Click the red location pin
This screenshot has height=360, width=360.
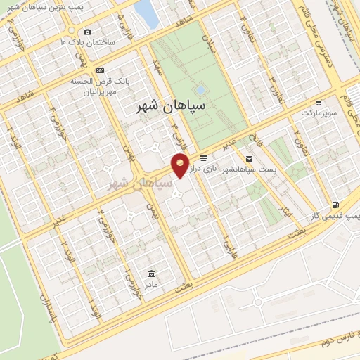pos(181,165)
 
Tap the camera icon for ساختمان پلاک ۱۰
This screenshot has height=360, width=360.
pos(87,32)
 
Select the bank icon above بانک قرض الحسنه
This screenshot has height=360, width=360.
pos(100,70)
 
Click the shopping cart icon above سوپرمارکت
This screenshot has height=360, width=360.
pos(319,101)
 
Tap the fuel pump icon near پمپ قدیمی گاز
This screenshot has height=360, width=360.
pos(343,205)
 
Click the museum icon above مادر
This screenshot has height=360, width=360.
pos(151,273)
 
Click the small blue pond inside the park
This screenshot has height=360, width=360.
pos(201,90)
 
